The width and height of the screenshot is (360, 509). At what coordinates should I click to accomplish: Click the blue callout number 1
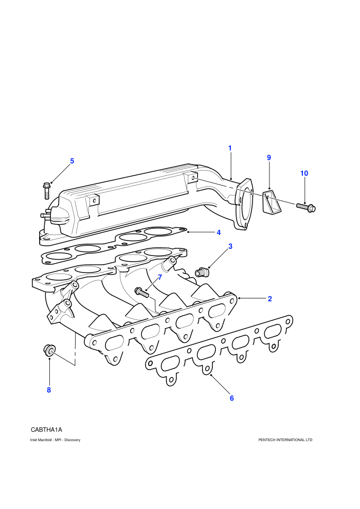coord(230,149)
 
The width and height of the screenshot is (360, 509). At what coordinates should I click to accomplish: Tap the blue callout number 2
coord(270,299)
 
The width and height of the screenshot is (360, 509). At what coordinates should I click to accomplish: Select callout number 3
coord(230,246)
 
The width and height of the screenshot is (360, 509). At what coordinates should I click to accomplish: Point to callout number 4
coord(219,232)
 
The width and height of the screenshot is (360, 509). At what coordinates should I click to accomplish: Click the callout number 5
coord(72,161)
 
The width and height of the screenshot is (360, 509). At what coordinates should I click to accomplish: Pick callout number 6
coord(232,398)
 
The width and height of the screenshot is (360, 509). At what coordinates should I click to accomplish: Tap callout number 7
coord(160,278)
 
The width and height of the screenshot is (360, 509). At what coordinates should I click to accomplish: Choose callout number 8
coord(49,390)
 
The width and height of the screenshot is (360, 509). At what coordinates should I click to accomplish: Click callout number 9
coord(269,158)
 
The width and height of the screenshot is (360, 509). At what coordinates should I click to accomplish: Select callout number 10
coord(304,173)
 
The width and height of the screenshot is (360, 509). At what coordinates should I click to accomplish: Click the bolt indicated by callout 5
coord(46,191)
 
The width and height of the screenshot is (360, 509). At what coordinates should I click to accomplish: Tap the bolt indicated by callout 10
coord(306,207)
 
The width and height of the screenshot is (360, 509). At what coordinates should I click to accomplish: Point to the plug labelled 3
coord(201,272)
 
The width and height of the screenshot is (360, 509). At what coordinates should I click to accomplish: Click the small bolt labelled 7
coord(141,292)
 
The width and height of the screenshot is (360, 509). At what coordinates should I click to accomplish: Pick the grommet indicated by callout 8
coord(49,350)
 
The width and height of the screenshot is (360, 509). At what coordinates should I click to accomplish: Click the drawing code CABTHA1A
coord(46,430)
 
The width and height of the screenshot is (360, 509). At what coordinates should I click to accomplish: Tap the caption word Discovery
coord(73,440)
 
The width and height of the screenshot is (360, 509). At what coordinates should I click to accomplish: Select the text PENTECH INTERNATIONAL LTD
coord(285,440)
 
